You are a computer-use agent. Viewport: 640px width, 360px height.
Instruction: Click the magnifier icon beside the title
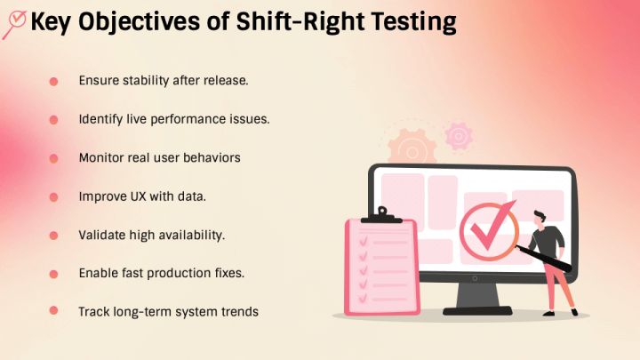[15, 24]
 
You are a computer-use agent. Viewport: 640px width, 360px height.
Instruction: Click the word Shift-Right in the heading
[300, 21]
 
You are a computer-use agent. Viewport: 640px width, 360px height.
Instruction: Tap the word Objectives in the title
[139, 22]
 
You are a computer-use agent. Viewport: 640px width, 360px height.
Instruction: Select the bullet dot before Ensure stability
[53, 82]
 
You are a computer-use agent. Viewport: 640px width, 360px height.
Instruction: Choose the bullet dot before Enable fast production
[53, 274]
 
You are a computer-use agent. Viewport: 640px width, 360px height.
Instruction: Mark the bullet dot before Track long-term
[53, 310]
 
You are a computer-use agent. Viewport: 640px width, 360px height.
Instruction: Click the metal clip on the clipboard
[381, 215]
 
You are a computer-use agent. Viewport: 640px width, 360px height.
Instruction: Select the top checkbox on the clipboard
[363, 242]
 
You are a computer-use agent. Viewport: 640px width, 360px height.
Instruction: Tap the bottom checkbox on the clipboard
[363, 299]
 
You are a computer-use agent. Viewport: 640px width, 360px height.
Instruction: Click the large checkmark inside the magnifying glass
[492, 227]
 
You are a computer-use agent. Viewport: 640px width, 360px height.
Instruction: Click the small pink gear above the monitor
[459, 136]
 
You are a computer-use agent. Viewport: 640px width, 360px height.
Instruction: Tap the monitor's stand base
[477, 310]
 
